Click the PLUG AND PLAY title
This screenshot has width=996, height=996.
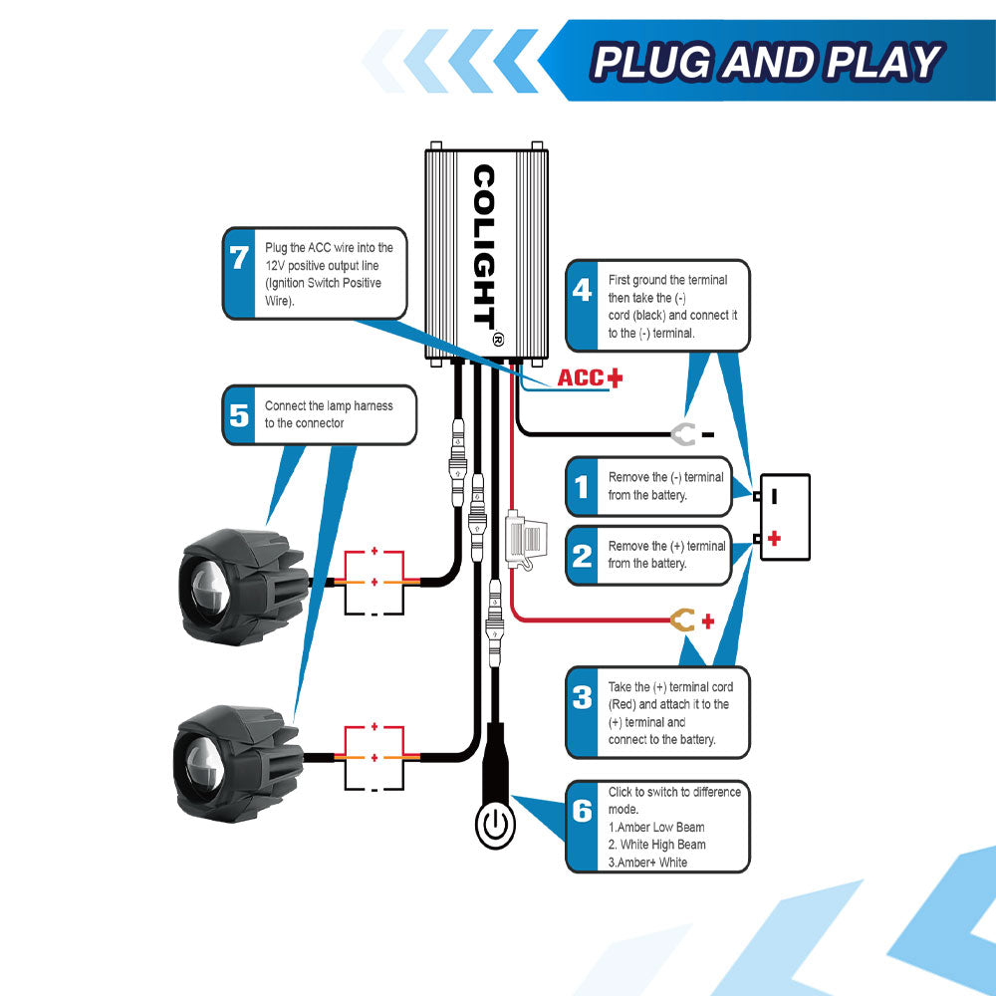pyautogui.click(x=765, y=62)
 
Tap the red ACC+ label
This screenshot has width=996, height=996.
pyautogui.click(x=589, y=377)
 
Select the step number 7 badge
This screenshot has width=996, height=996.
pyautogui.click(x=239, y=259)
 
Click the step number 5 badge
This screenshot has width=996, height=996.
pyautogui.click(x=239, y=414)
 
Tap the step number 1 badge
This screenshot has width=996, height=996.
pyautogui.click(x=583, y=486)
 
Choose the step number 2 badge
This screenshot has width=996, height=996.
pyautogui.click(x=583, y=555)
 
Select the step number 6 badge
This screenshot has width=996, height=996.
pyautogui.click(x=583, y=811)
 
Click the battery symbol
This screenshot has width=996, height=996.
pyautogui.click(x=785, y=516)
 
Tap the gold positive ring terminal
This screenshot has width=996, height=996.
pyautogui.click(x=682, y=622)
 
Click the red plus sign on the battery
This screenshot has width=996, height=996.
pyautogui.click(x=774, y=539)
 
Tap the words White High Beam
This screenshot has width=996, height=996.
pyautogui.click(x=662, y=845)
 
